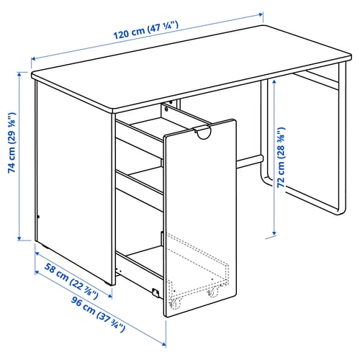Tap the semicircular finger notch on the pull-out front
(x=204, y=132)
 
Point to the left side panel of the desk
(x=72, y=173)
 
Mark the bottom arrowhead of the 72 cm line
(x=274, y=235)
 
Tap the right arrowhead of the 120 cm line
(x=261, y=13)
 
